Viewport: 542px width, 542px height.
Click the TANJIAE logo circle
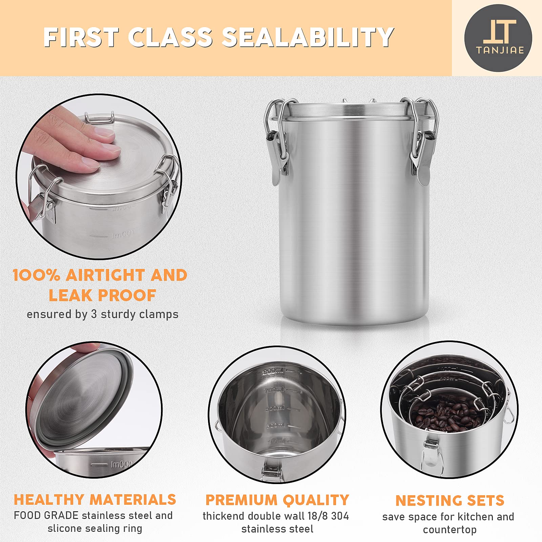pos(498,38)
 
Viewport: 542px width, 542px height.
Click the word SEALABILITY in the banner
pos(308,37)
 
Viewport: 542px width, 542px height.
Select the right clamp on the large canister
pos(420,142)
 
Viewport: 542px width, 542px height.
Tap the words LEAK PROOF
pos(102,295)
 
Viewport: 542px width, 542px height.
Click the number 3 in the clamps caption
pos(94,314)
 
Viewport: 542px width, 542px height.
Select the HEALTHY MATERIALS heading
pos(95,500)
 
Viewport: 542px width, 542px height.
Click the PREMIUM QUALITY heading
pos(277,500)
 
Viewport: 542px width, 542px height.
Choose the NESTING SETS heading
pos(450,501)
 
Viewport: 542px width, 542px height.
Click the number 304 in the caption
pos(340,516)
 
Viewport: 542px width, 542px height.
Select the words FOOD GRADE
pos(46,515)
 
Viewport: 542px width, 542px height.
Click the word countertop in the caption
pos(450,529)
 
